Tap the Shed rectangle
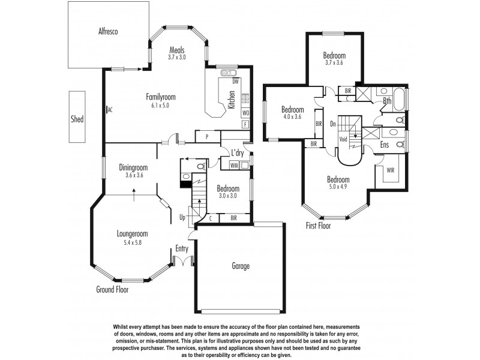77,118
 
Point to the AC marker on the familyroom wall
110,110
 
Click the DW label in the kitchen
236,81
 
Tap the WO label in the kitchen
245,113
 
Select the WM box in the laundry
234,164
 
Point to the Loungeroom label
132,234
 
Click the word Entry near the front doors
182,248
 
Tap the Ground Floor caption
112,289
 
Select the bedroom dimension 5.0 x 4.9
338,187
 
